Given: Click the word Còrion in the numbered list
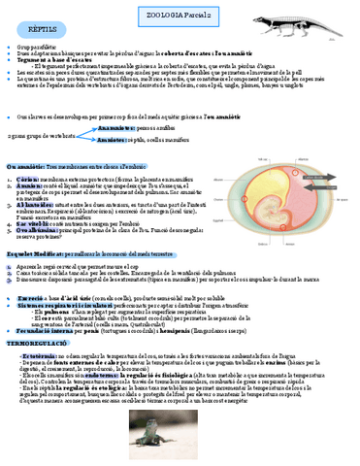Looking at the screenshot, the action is coord(28,181).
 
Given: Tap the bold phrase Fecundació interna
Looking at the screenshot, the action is coord(48,331).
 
